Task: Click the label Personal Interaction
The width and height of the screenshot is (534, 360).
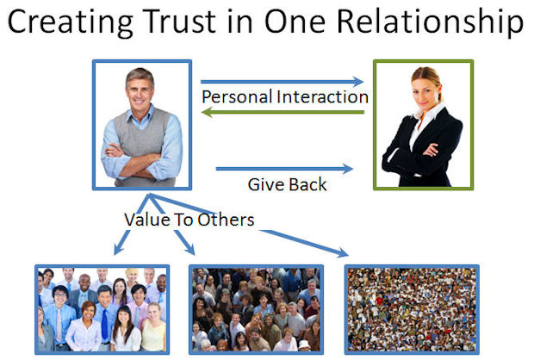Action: [284, 96]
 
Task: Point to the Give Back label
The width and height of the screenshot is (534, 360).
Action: [287, 183]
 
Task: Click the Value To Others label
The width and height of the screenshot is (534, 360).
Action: [189, 220]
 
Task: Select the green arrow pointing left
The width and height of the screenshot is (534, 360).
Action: [284, 109]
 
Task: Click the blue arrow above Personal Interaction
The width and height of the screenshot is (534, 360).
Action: [284, 79]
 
